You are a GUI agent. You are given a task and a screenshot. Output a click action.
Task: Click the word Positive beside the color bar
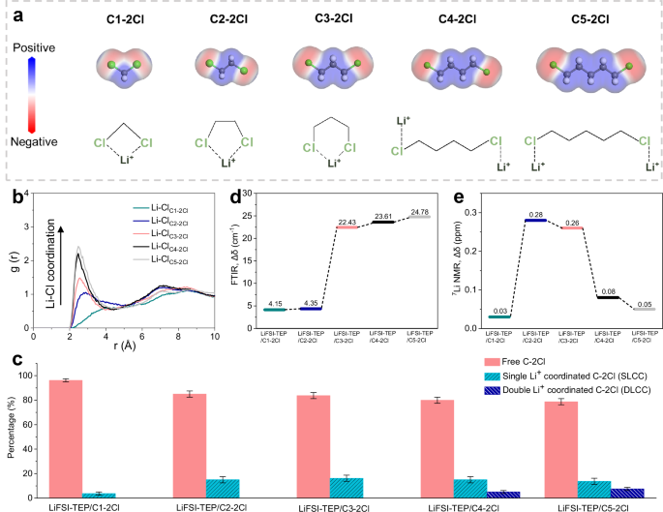pyautogui.click(x=33, y=45)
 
